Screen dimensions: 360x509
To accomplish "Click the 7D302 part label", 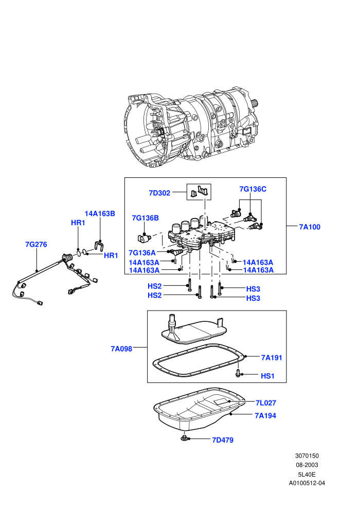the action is pos(159,193).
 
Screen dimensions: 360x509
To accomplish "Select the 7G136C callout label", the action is pos(253,189).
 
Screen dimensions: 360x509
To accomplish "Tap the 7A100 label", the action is pos(310,227).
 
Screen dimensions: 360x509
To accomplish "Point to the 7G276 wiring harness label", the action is pos(36,244).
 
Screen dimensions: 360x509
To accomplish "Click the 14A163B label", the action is pos(100,213).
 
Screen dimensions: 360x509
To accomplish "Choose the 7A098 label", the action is pos(121,349).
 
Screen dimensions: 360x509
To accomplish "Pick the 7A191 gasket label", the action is pos(272,358).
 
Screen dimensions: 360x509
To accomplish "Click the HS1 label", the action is pos(267,376).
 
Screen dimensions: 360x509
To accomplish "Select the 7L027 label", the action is pos(266,403).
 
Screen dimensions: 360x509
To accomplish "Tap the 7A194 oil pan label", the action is pos(265,415).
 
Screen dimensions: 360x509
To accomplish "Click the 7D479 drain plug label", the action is pos(223,440).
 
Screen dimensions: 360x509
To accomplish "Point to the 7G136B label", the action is pos(146,218).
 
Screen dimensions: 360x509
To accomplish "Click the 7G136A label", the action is pos(142,252).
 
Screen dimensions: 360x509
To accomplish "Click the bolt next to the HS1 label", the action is pos(238,374).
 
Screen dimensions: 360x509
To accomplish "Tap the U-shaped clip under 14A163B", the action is pos(99,245).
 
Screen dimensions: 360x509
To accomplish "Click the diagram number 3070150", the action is pos(307,456).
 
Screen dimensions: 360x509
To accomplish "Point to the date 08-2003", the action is pos(307,465).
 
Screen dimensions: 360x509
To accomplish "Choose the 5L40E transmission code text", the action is pos(307,474).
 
